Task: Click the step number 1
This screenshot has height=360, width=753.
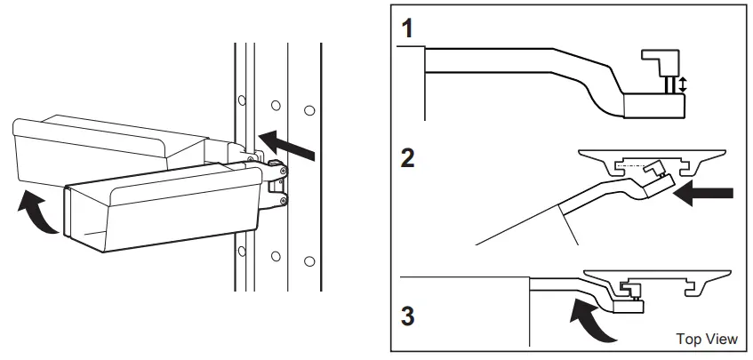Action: point(407,28)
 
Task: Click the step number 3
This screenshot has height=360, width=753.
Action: point(408,316)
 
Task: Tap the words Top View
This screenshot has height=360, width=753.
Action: point(707,339)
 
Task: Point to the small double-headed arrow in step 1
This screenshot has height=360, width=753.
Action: point(683,85)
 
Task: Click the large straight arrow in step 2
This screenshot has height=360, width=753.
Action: point(707,193)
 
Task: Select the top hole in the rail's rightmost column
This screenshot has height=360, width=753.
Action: point(308,110)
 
